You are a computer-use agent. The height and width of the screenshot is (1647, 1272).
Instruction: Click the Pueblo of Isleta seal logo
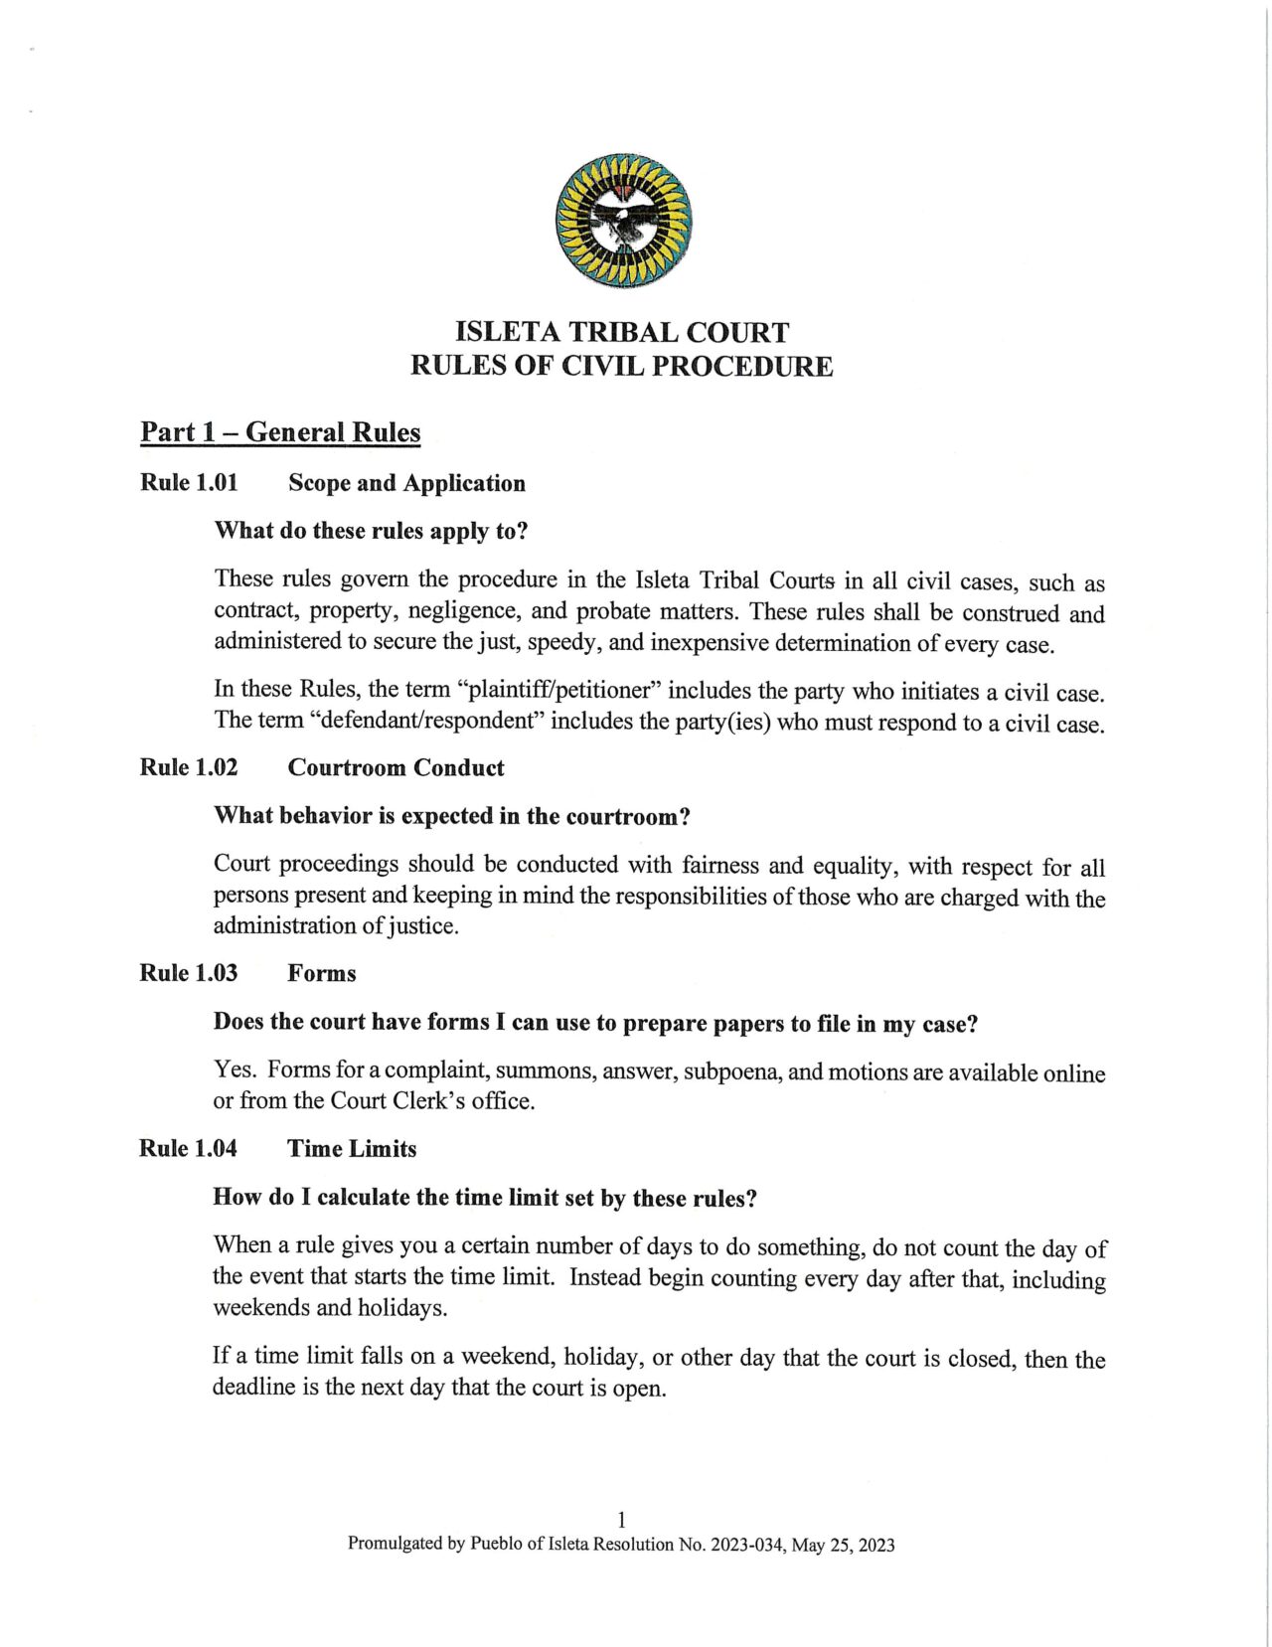pos(623,221)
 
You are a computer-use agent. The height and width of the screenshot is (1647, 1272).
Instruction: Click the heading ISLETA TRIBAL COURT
pos(622,332)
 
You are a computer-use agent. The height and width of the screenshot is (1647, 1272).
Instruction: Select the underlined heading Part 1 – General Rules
pos(280,432)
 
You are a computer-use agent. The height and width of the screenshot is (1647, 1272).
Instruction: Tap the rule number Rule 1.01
pos(189,483)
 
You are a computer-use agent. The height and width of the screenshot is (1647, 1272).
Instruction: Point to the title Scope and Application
pos(406,484)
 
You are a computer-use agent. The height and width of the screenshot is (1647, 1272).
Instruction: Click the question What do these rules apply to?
pos(371,531)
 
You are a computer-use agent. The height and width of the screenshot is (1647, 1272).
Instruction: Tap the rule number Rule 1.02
pos(189,767)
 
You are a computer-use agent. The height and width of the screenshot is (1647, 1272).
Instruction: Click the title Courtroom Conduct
pos(396,768)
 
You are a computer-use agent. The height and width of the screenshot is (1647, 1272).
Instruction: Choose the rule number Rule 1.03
pos(189,973)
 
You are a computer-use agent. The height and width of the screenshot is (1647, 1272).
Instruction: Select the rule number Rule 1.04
pos(188,1149)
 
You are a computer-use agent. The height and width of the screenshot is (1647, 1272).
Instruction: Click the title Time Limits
pos(352,1149)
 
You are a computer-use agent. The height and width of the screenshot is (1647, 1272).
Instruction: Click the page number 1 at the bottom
pos(621,1520)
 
